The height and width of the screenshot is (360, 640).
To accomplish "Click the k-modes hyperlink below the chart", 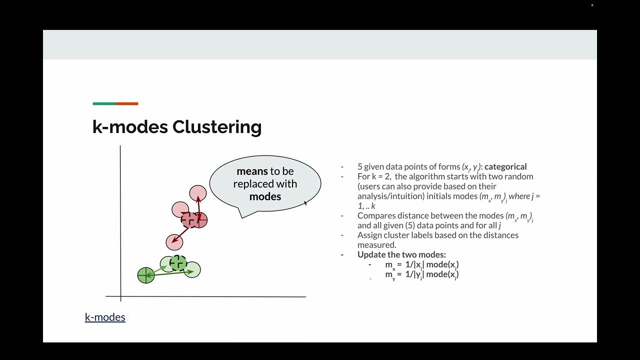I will click(x=105, y=317).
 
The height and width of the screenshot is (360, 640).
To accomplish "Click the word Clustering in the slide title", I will click(x=216, y=127).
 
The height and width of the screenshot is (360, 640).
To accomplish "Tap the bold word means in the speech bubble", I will click(x=252, y=171).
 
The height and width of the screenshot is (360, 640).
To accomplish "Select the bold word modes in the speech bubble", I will click(x=265, y=196).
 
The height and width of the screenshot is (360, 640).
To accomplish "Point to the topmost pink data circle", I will click(x=198, y=193).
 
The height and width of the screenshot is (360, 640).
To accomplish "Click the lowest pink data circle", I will click(x=174, y=242).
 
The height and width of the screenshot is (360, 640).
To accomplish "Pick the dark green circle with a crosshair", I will click(x=146, y=275).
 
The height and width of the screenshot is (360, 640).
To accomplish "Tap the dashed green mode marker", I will click(x=178, y=262).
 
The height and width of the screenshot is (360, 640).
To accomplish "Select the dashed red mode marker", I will click(x=189, y=219).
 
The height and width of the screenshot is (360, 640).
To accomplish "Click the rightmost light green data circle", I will click(x=192, y=270).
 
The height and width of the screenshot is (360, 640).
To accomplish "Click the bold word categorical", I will click(x=505, y=166).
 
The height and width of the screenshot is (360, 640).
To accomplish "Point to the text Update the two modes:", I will click(x=401, y=254).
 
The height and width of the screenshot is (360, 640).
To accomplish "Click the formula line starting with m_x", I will click(x=421, y=264).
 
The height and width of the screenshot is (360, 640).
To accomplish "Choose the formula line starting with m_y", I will click(x=421, y=274).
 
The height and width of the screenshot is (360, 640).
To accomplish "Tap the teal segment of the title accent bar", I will click(x=104, y=104).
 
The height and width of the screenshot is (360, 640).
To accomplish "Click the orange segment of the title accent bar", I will click(x=127, y=104).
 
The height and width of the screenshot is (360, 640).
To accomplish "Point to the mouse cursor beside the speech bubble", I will click(x=305, y=202).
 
